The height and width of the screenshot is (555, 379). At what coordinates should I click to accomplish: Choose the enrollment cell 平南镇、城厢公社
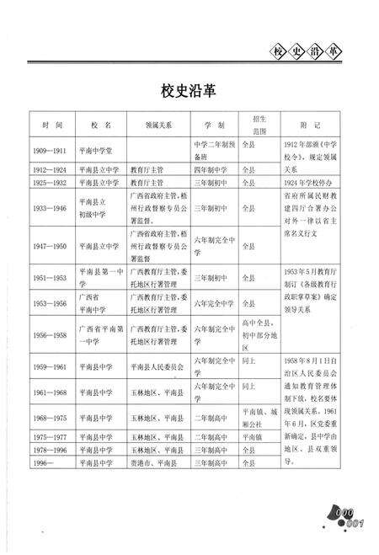pos(259,419)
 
